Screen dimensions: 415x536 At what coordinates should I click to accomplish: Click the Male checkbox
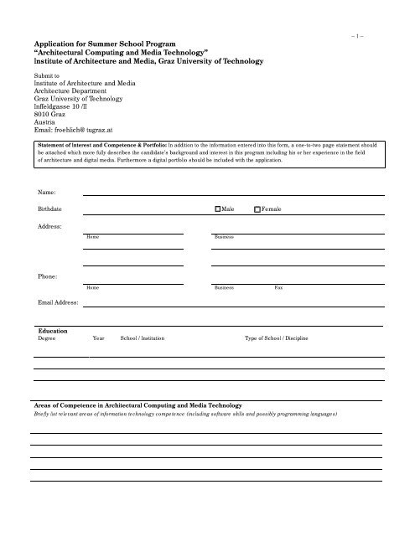click(219, 209)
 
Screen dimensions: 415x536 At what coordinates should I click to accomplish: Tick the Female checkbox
click(258, 209)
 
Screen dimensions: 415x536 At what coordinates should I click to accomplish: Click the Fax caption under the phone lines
click(281, 287)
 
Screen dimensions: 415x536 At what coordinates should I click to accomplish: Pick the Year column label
click(98, 340)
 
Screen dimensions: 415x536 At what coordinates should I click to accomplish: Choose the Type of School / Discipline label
click(276, 340)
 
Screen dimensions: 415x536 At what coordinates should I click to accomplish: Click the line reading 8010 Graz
click(51, 114)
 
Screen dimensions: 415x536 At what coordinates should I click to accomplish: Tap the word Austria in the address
click(46, 122)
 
